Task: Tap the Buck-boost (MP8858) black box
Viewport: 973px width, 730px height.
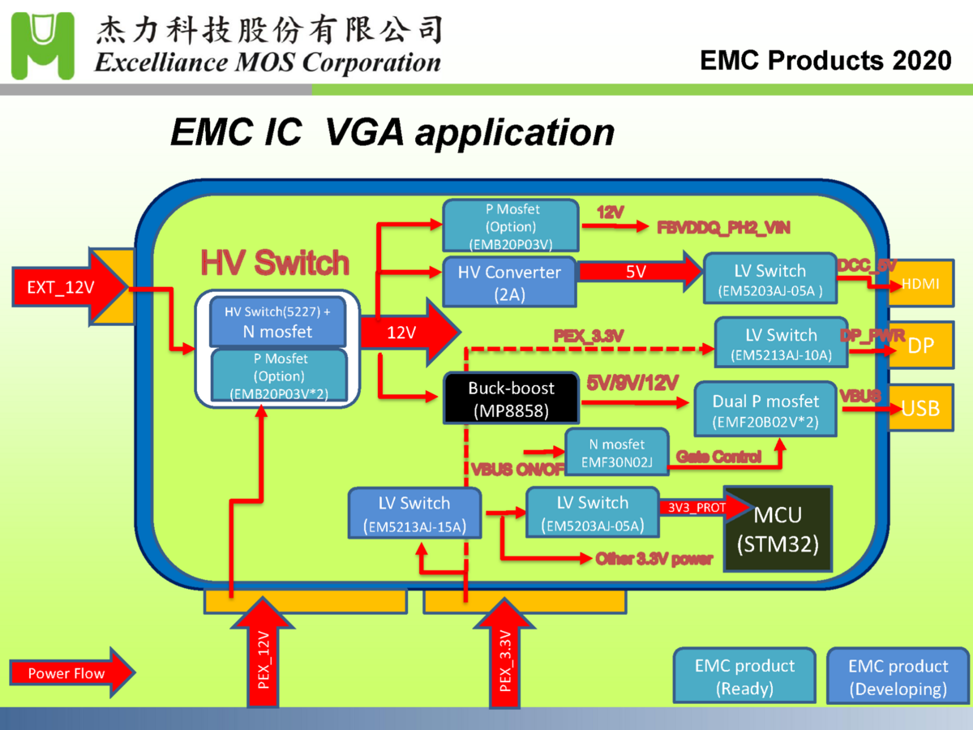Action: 511,398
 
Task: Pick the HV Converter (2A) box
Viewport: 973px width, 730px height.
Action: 509,282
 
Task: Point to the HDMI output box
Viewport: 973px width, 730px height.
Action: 922,285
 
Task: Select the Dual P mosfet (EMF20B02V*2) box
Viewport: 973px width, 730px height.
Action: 765,410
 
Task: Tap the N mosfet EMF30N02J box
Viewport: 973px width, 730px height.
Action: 615,453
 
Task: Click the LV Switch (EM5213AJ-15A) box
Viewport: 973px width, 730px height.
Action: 414,513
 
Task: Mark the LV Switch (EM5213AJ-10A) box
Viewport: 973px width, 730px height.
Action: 781,344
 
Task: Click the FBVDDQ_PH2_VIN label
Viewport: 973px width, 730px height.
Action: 723,228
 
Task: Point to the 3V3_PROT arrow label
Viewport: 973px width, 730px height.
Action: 697,508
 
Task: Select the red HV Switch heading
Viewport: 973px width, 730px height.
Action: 275,263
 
